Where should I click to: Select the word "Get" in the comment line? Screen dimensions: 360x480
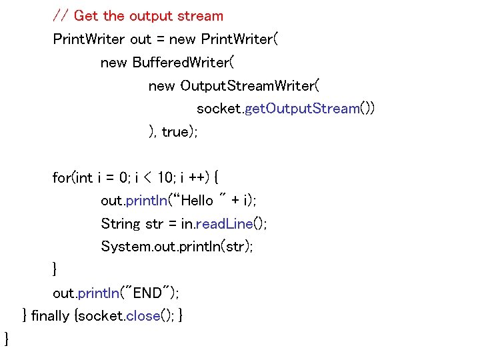point(86,15)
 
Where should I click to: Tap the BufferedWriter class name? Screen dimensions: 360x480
point(181,63)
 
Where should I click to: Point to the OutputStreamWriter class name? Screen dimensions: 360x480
point(251,86)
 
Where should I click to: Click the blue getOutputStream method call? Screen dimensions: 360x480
point(303,109)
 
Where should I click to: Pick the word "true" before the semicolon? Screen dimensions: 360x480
point(175,132)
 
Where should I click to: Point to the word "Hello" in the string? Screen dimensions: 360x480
point(197,201)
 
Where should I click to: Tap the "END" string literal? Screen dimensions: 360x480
point(148,293)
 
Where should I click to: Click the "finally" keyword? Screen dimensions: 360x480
point(50,315)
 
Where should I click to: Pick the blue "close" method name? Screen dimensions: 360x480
point(143,315)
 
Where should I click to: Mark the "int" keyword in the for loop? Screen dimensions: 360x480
point(85,177)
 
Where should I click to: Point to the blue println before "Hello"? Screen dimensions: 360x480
point(145,201)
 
